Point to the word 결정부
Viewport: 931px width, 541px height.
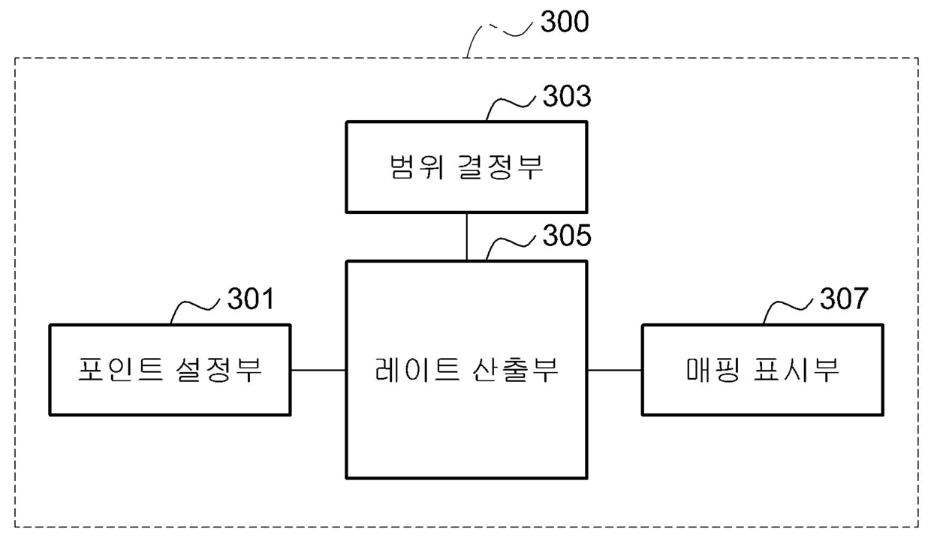499,167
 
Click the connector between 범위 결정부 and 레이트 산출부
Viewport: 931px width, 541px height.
466,236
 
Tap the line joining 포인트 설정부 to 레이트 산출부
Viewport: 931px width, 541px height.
318,370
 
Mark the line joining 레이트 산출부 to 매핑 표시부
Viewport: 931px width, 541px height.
614,370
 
